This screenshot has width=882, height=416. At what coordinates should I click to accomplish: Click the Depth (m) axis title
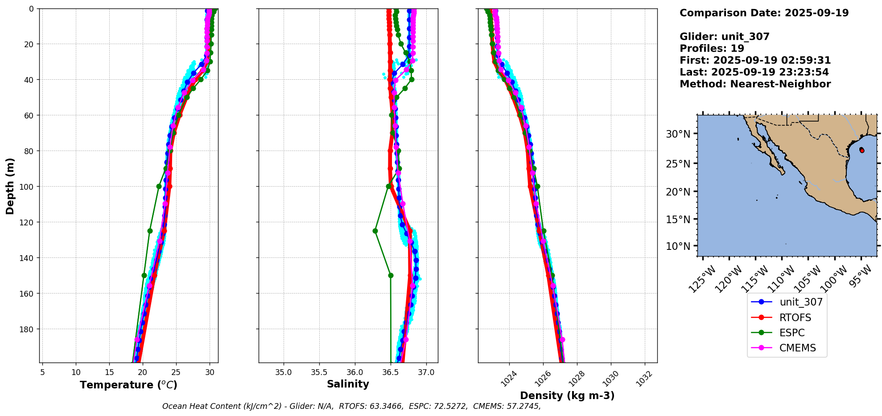pyautogui.click(x=10, y=186)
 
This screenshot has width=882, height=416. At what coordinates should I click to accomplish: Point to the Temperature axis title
pyautogui.click(x=128, y=385)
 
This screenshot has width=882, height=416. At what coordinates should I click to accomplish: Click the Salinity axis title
pyautogui.click(x=348, y=384)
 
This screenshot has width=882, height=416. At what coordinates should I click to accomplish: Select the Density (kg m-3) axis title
pyautogui.click(x=567, y=396)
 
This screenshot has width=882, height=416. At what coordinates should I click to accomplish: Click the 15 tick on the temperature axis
pyautogui.click(x=109, y=372)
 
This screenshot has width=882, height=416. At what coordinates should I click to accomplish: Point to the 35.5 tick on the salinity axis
pyautogui.click(x=319, y=372)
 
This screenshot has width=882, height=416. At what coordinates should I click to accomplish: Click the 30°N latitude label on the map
pyautogui.click(x=678, y=134)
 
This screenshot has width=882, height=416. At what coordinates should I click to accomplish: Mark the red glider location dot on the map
pyautogui.click(x=862, y=151)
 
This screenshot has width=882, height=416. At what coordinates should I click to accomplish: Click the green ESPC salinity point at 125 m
pyautogui.click(x=375, y=231)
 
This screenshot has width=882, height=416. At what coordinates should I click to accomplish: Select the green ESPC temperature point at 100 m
pyautogui.click(x=159, y=186)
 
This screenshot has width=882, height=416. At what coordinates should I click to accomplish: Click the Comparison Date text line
pyautogui.click(x=764, y=13)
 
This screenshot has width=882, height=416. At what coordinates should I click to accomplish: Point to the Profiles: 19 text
pyautogui.click(x=712, y=49)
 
